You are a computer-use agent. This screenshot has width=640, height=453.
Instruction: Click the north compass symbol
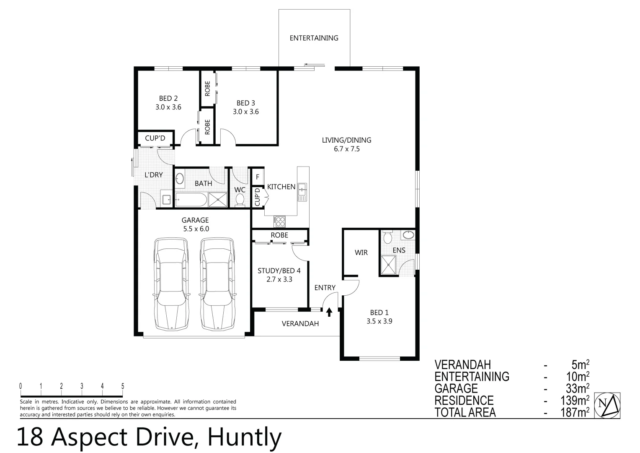(607, 405)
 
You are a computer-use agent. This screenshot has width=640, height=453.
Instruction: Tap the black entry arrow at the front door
(329, 312)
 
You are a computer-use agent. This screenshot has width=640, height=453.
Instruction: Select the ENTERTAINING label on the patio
(314, 38)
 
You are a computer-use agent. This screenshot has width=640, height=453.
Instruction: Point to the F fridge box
(258, 177)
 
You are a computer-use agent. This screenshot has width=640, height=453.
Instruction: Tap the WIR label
(361, 253)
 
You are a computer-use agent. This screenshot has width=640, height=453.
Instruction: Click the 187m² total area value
(575, 413)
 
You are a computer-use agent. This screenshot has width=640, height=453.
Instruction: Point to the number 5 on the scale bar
(123, 386)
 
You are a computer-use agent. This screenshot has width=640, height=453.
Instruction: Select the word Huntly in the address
(245, 437)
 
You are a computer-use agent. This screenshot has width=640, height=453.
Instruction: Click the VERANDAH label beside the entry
(300, 324)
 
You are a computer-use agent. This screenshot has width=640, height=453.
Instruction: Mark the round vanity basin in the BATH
(180, 179)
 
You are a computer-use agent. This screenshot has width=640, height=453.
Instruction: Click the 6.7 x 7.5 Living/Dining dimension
(346, 149)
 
